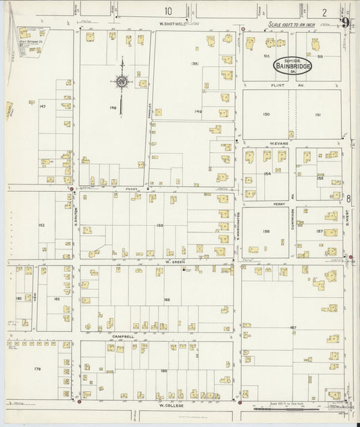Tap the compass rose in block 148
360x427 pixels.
pyautogui.click(x=122, y=82)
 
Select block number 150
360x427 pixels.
pyautogui.click(x=266, y=115)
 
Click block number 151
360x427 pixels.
pyautogui.click(x=318, y=115)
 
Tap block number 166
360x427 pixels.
pyautogui.click(x=166, y=299)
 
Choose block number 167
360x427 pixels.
pyautogui.click(x=293, y=328)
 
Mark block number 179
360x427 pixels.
pyautogui.click(x=38, y=369)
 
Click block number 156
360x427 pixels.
pyautogui.click(x=266, y=232)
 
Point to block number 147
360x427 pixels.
pyautogui.click(x=42, y=107)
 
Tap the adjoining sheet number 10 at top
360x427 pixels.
pyautogui.click(x=167, y=11)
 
